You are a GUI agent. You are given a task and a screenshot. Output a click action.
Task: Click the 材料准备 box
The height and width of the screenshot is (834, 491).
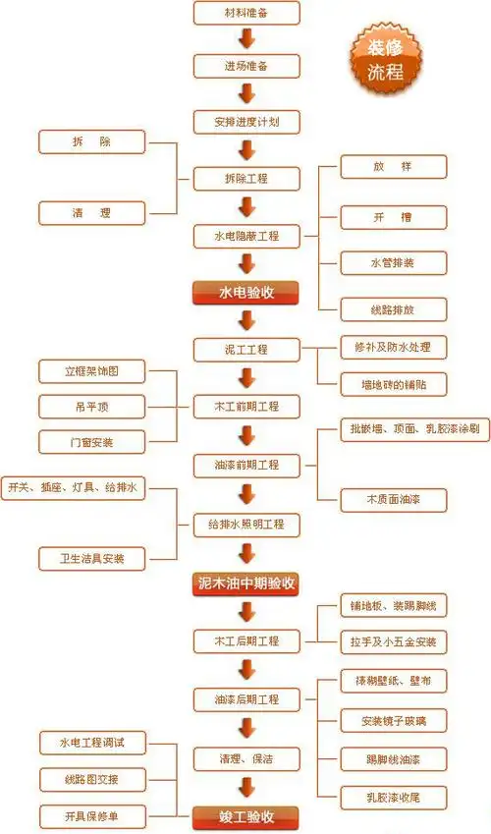(246, 14)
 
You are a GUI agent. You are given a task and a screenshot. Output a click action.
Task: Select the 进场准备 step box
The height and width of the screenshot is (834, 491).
(246, 67)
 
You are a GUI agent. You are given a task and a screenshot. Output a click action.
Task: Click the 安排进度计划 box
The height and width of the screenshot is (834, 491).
(246, 123)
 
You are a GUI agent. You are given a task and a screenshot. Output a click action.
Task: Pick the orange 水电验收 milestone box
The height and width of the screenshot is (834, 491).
(246, 292)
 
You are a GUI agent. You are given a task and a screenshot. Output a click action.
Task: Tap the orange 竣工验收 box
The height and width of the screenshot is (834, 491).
(246, 817)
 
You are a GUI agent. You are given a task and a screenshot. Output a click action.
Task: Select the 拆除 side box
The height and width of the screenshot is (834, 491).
(91, 142)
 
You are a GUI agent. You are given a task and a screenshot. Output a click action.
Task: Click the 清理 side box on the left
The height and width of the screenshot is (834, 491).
(91, 212)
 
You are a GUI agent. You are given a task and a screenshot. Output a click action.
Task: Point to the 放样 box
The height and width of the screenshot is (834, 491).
(393, 166)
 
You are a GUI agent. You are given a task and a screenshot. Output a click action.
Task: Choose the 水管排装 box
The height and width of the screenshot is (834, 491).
(393, 262)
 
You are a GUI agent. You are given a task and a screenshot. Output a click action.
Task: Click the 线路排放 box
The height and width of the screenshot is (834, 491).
(393, 309)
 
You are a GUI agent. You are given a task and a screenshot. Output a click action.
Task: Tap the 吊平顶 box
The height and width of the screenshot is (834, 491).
(91, 406)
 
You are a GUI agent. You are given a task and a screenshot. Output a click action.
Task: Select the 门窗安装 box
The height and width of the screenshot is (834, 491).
(91, 441)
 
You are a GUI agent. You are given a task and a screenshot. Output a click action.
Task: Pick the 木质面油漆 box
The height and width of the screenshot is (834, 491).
(393, 500)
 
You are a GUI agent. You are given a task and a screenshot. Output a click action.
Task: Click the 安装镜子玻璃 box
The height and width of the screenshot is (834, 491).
(393, 721)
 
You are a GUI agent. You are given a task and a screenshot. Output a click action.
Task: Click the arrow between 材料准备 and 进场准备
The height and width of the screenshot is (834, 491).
(246, 40)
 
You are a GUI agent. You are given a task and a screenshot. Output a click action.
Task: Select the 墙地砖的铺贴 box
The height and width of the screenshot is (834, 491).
(393, 382)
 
